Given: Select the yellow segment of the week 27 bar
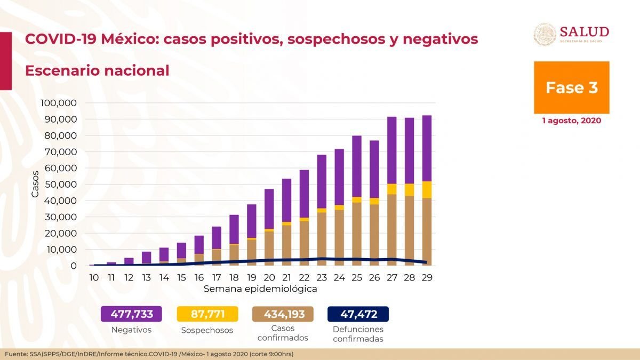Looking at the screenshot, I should [x=392, y=189].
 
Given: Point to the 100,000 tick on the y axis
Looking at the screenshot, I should [x=63, y=103].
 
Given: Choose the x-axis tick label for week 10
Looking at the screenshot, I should [x=94, y=277].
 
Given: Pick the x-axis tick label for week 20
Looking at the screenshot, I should [x=269, y=277].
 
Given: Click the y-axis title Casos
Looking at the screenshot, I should [x=35, y=184].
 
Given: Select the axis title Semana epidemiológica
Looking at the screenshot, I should [x=260, y=289].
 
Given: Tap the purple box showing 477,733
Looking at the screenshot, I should [x=131, y=314].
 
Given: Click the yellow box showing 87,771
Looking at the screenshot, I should [x=207, y=314].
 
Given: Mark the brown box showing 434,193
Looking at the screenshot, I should [x=283, y=314].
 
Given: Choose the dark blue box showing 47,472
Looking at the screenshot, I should [x=358, y=314].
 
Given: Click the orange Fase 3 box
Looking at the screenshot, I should [x=571, y=87].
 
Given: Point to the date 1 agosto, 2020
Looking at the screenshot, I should [x=571, y=121].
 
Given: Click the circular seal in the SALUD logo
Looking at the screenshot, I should [x=545, y=35].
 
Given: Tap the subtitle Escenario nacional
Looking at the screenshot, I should [x=97, y=70].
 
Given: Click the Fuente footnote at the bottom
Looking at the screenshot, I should [x=149, y=354].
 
